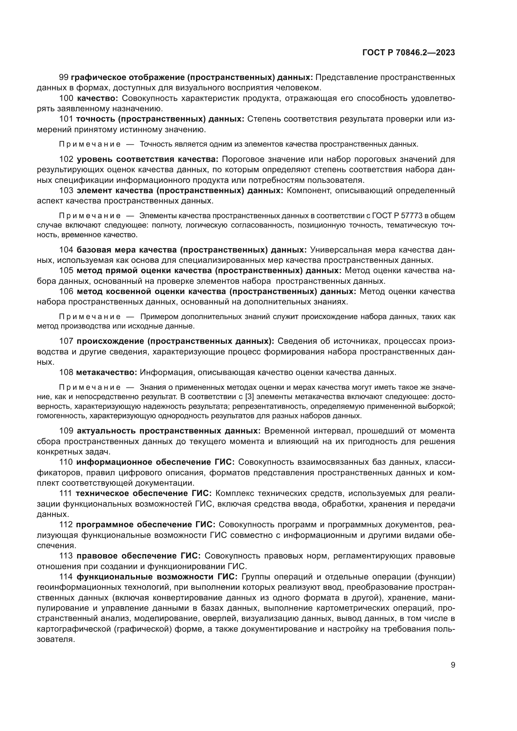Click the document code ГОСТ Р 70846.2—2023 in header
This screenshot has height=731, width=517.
pos(409,53)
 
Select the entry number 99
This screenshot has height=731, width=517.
pos(64,78)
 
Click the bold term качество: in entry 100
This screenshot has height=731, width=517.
pos(98,98)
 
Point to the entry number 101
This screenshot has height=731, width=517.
pos(66,119)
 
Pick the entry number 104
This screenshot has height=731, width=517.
pos(66,250)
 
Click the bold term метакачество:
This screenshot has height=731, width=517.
pos(106,372)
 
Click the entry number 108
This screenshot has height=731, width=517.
pos(66,372)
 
